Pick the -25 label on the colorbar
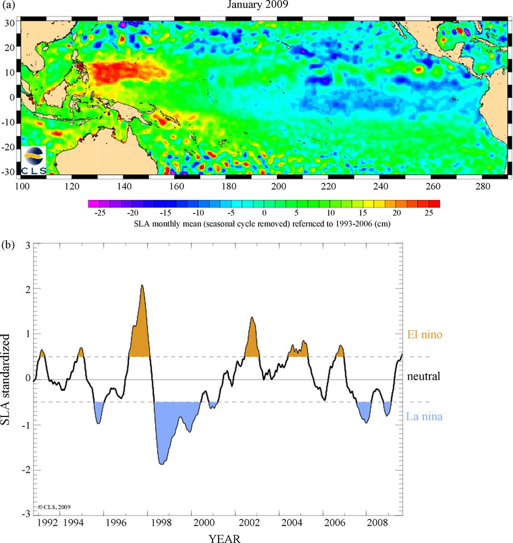(x=99, y=213)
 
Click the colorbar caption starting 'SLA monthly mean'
(x=264, y=224)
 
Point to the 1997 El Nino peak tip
(x=142, y=285)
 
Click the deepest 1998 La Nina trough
(x=162, y=464)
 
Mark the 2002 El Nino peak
(x=252, y=317)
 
